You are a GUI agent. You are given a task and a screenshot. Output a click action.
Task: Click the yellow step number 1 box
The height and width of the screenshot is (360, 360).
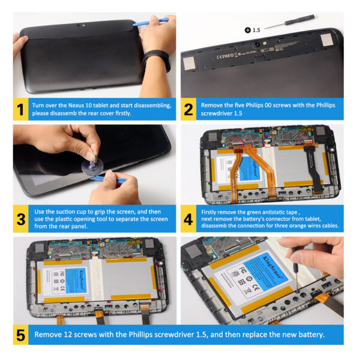[20, 110]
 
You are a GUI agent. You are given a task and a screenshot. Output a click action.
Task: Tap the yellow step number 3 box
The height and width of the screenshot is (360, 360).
[20, 219]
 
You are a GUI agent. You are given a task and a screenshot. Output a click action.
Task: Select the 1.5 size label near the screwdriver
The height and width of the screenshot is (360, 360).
[256, 29]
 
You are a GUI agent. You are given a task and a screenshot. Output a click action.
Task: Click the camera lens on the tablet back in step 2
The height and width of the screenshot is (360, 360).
[261, 45]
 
